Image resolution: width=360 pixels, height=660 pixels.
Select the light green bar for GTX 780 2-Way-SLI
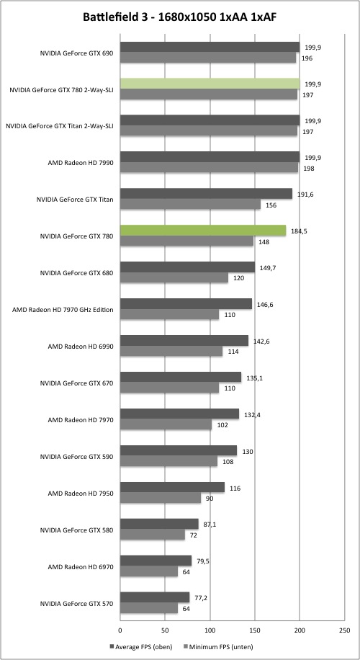[210, 84]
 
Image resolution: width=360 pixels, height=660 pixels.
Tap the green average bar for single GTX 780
[203, 231]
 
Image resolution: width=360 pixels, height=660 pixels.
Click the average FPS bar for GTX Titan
[206, 194]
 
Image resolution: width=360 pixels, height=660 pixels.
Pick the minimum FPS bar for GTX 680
[174, 278]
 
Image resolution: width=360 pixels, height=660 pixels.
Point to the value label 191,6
[304, 194]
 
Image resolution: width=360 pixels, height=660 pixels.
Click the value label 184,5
[298, 231]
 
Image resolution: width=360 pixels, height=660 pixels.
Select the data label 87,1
[210, 525]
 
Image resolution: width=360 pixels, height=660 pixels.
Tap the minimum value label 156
[271, 205]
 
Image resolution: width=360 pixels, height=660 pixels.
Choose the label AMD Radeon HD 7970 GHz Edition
[63, 310]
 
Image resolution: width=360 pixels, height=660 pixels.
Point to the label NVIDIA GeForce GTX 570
[77, 603]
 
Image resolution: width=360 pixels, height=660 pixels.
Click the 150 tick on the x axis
[255, 630]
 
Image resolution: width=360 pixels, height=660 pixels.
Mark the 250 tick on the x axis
[344, 630]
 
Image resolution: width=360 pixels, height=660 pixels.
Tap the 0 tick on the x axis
[120, 630]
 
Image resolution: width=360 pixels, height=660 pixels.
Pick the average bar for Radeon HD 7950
[172, 487]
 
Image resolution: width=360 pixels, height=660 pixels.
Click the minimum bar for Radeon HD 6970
[149, 571]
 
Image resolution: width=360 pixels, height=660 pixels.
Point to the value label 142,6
[261, 341]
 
